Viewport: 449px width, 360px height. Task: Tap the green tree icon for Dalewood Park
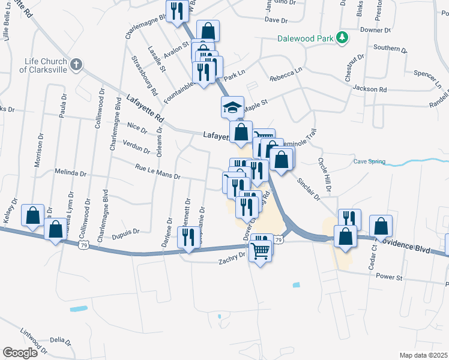point(343,38)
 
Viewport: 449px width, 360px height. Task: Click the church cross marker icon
point(76,64)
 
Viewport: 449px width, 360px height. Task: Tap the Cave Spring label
point(369,161)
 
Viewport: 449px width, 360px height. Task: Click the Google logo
point(20,352)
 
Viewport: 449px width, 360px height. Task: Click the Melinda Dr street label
point(70,172)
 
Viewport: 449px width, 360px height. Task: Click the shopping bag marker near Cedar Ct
point(381,227)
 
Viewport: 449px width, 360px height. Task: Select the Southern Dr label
point(386,48)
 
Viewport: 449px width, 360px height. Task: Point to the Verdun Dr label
point(137,146)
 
